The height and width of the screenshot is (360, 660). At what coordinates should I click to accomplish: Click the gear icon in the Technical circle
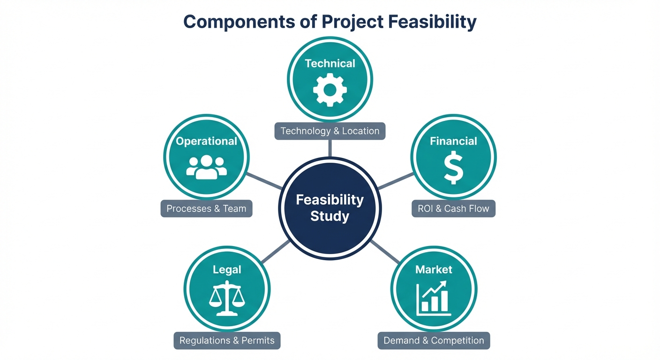click(330, 89)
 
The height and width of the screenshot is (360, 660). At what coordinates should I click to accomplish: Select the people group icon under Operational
click(206, 167)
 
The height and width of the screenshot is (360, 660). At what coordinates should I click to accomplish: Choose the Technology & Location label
click(330, 131)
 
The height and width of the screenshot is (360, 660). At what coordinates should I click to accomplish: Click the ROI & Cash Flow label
click(453, 209)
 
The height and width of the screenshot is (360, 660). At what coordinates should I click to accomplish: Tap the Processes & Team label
click(206, 209)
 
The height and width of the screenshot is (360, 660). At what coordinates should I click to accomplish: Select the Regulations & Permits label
click(227, 340)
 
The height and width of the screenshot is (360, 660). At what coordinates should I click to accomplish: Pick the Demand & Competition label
click(434, 340)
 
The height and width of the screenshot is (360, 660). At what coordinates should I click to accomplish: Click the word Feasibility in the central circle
click(330, 200)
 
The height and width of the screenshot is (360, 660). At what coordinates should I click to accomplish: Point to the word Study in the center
click(330, 217)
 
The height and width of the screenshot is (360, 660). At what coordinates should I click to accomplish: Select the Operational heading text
click(206, 141)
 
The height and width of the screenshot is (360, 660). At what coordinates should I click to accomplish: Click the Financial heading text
click(453, 141)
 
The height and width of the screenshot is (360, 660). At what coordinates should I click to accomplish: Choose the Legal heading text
click(227, 270)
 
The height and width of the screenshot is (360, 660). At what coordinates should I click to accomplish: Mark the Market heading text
click(434, 270)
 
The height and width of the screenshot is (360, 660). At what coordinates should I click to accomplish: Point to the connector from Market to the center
click(385, 252)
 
